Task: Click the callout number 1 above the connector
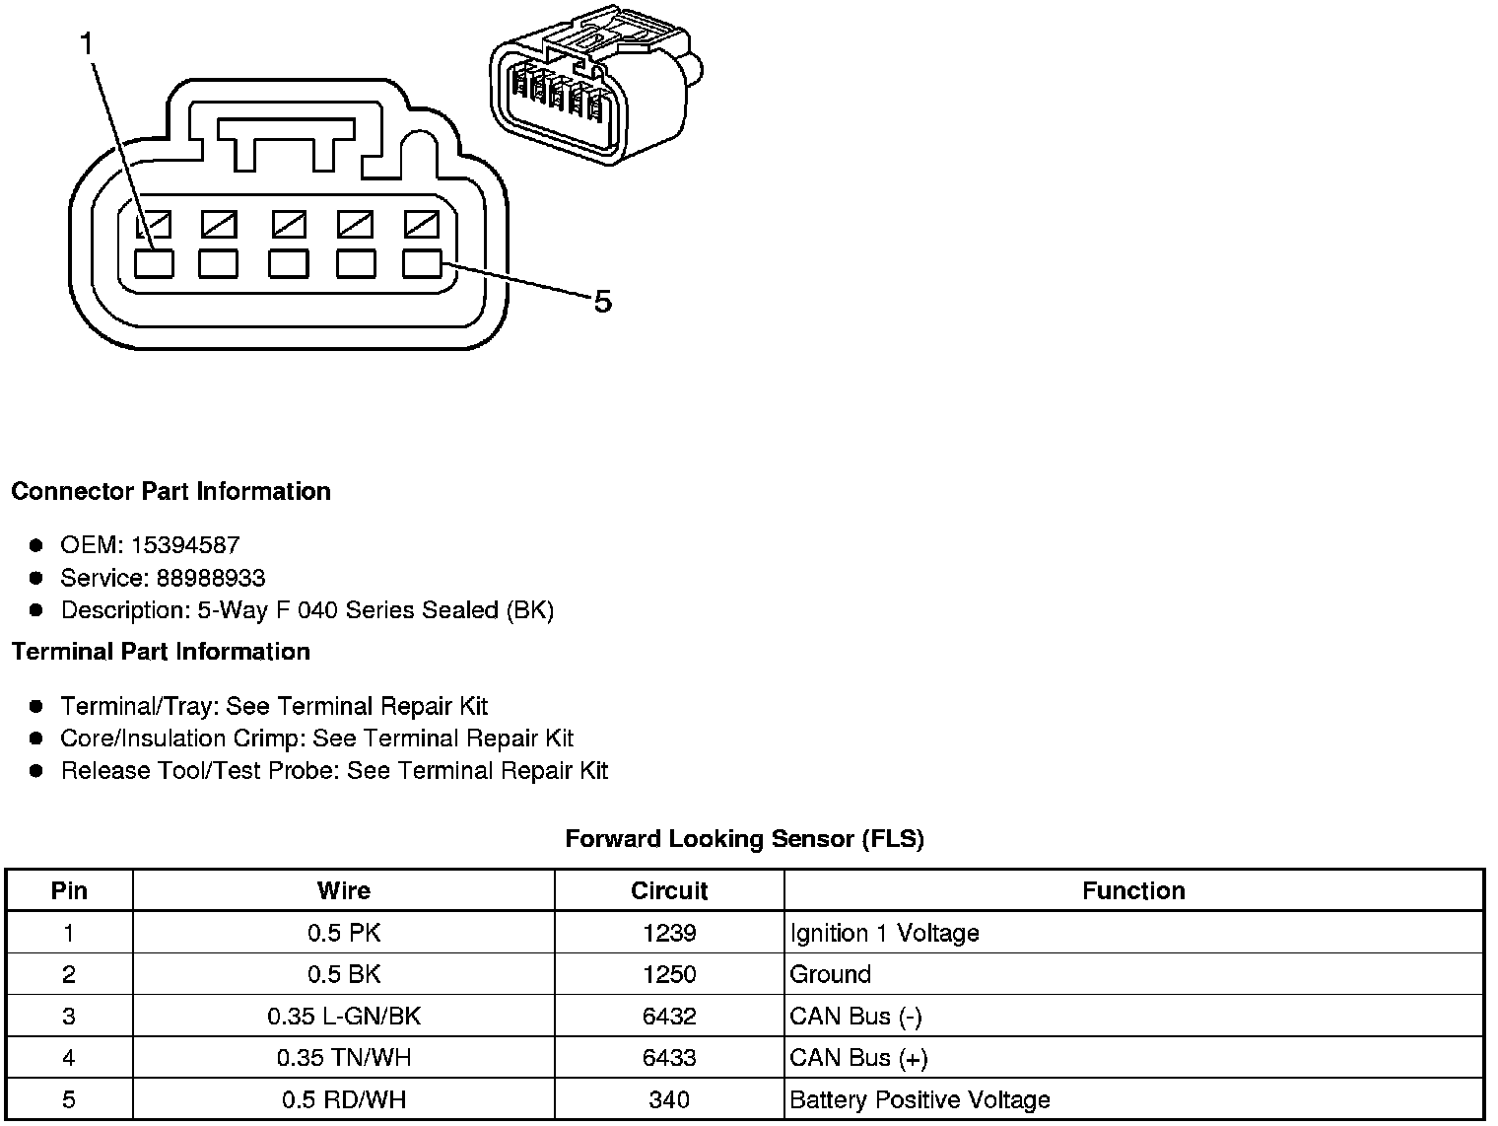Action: coord(87,44)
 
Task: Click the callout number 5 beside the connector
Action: coord(602,302)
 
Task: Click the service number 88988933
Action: coord(210,578)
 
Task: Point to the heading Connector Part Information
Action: coord(170,491)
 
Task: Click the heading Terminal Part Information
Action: coord(161,652)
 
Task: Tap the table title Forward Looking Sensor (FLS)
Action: coord(744,839)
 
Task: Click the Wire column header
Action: coord(343,891)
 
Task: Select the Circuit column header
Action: coord(669,891)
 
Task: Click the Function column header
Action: coord(1133,891)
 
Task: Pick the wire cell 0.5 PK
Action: coord(343,933)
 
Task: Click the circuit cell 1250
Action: coord(669,974)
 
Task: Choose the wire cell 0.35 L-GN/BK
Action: coord(343,1017)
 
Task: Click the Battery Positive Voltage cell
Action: coord(919,1099)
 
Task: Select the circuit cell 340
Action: coord(669,1099)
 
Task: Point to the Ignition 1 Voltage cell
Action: coord(884,933)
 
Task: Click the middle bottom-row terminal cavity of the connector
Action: coord(288,263)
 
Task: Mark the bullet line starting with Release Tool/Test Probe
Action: coord(334,771)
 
